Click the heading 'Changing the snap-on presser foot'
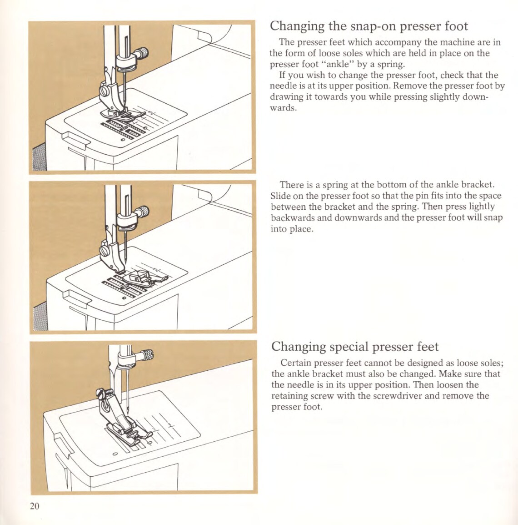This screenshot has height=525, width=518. click(x=369, y=26)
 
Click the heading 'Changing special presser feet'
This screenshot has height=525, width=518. click(x=354, y=347)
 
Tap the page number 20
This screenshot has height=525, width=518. click(x=35, y=506)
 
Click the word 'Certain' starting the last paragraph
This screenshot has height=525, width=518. click(x=296, y=363)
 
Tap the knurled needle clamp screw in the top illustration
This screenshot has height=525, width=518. click(x=143, y=53)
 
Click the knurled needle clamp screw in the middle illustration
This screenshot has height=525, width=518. click(x=143, y=212)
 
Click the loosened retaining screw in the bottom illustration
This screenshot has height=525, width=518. click(x=101, y=392)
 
